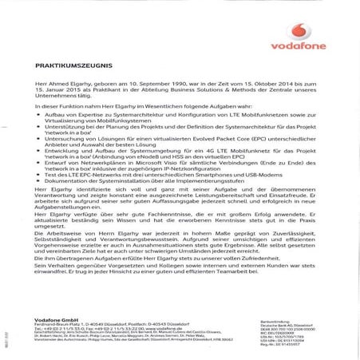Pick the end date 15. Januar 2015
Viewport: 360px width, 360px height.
point(63,91)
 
